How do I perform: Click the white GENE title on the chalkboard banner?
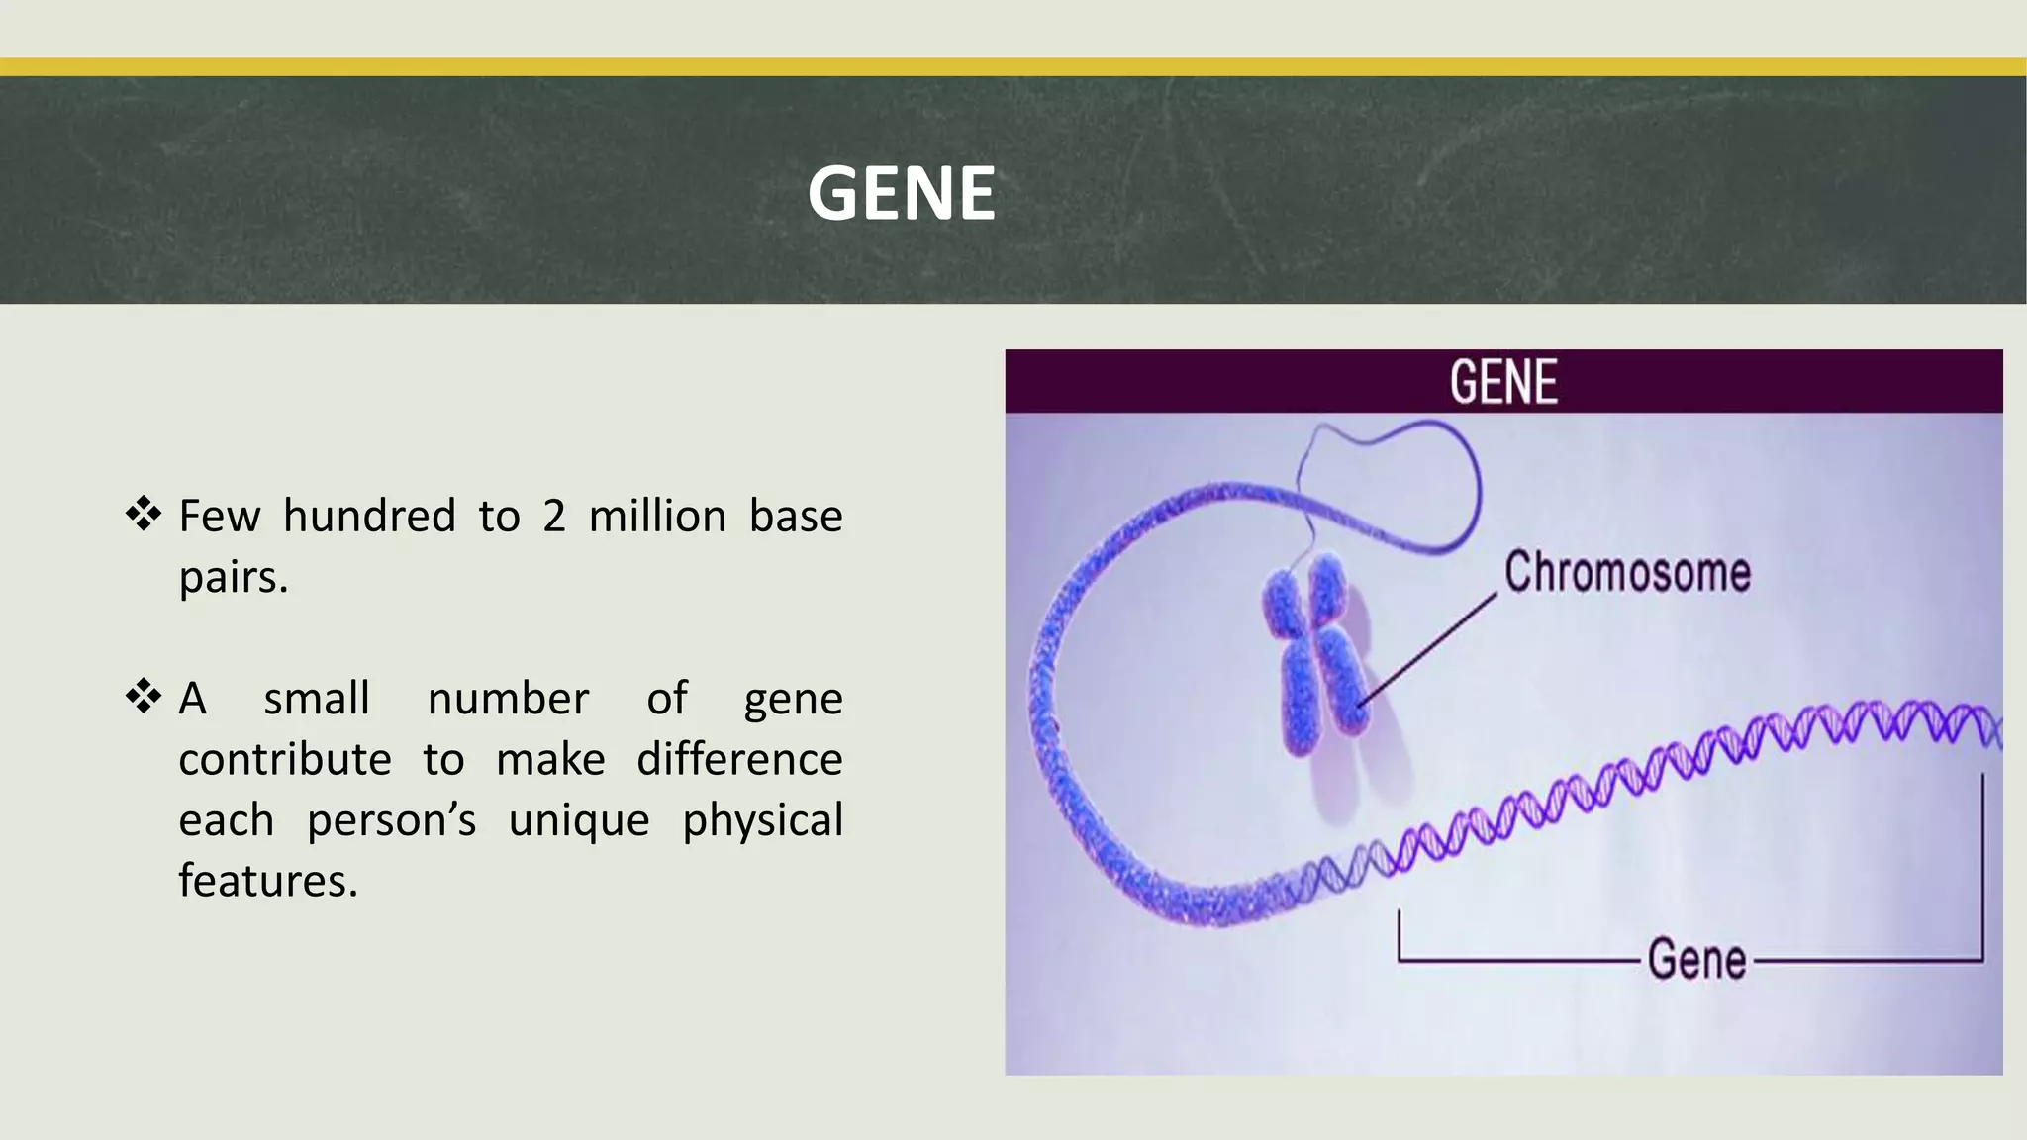[x=901, y=193]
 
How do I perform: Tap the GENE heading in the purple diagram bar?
[x=1503, y=383]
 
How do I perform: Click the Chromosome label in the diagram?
[x=1627, y=573]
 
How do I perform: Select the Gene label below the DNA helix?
[x=1696, y=960]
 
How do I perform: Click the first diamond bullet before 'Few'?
[x=144, y=515]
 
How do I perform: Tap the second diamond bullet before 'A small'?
[x=144, y=697]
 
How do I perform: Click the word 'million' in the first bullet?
[x=657, y=517]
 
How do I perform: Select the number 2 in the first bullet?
[x=553, y=517]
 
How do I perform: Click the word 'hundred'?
[x=369, y=517]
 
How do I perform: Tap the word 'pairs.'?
[x=234, y=578]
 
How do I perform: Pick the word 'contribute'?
[x=285, y=760]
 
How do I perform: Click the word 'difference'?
[x=739, y=760]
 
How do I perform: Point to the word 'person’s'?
[x=391, y=821]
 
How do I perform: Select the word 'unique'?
[x=579, y=821]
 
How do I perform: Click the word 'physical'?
[x=762, y=821]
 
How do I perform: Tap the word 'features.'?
[x=267, y=881]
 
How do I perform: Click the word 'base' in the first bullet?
[x=796, y=517]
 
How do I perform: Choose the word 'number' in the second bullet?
[x=508, y=699]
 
